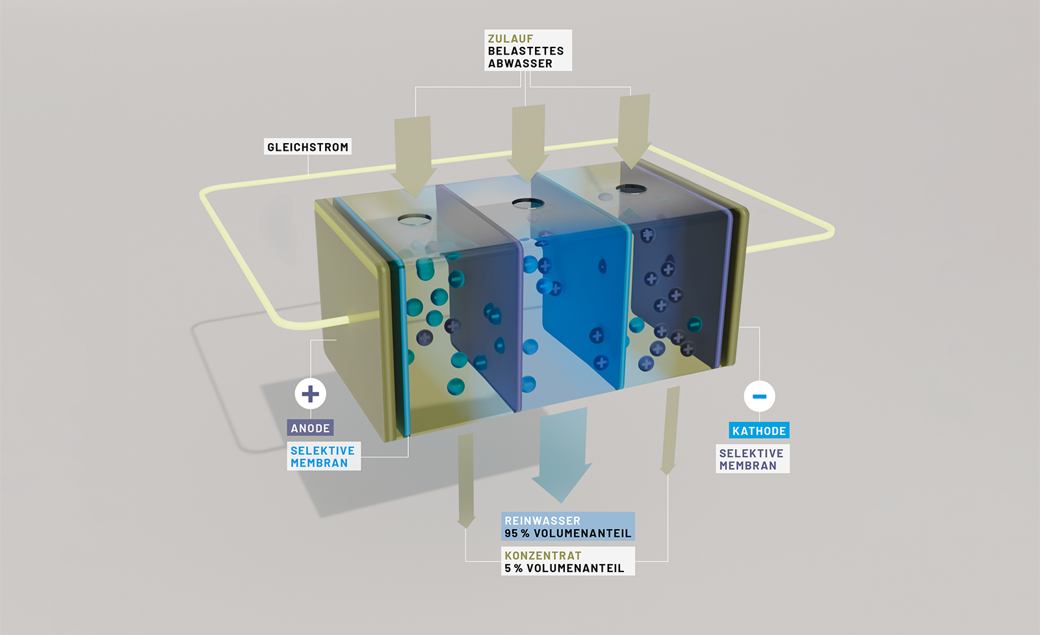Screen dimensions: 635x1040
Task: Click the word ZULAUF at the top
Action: pyautogui.click(x=510, y=39)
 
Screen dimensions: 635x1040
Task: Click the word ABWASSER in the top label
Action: pyautogui.click(x=520, y=64)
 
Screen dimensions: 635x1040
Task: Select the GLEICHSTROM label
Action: pyautogui.click(x=307, y=148)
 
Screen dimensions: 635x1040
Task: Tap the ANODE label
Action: pyautogui.click(x=310, y=428)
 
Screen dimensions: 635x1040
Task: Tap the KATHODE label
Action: pyautogui.click(x=759, y=431)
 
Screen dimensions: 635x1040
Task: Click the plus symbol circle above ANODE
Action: pyautogui.click(x=311, y=394)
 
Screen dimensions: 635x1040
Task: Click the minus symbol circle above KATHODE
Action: pyautogui.click(x=759, y=396)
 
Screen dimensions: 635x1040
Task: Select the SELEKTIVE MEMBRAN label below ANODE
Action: pyautogui.click(x=323, y=457)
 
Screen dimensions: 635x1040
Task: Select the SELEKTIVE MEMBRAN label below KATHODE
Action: pyautogui.click(x=751, y=460)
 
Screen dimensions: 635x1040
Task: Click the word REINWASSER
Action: pyautogui.click(x=542, y=521)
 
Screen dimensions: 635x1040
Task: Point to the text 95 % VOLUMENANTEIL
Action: pyautogui.click(x=567, y=534)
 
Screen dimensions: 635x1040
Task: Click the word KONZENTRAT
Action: pyautogui.click(x=543, y=556)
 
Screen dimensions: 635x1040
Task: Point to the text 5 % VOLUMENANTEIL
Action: pyautogui.click(x=564, y=568)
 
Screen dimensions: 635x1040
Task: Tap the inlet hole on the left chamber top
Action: pyautogui.click(x=415, y=219)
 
